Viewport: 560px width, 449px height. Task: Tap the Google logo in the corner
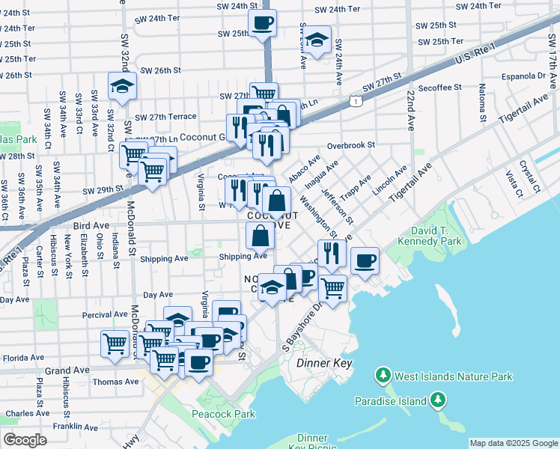click(25, 439)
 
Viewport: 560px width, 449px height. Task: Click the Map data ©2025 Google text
click(514, 443)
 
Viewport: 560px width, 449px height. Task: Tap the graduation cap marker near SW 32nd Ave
click(121, 87)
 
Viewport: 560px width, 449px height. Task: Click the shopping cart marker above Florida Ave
click(115, 344)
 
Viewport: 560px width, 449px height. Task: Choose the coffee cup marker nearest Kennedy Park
click(365, 261)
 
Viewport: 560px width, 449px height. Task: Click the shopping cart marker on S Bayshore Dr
click(333, 287)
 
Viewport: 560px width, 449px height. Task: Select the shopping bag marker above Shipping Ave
click(260, 236)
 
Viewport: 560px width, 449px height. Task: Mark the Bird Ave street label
click(91, 224)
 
